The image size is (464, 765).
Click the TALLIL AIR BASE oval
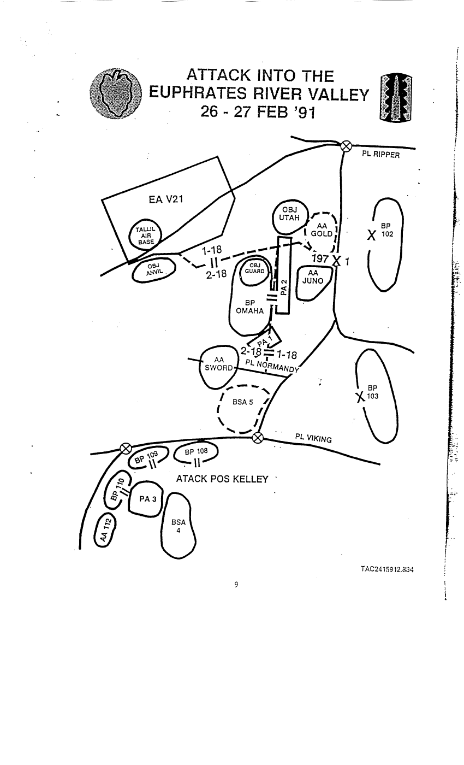(x=146, y=236)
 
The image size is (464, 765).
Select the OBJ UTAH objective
(x=289, y=214)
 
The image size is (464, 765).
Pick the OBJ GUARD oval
(x=254, y=269)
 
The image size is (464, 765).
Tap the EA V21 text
(x=165, y=199)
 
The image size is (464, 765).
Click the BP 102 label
(x=386, y=229)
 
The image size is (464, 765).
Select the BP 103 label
(x=372, y=392)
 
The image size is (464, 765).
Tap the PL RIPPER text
(x=381, y=155)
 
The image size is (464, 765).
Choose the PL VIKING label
(x=313, y=438)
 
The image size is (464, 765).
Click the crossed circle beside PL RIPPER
(x=345, y=145)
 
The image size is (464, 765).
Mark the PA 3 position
(x=145, y=498)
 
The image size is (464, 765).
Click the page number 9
(x=236, y=585)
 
